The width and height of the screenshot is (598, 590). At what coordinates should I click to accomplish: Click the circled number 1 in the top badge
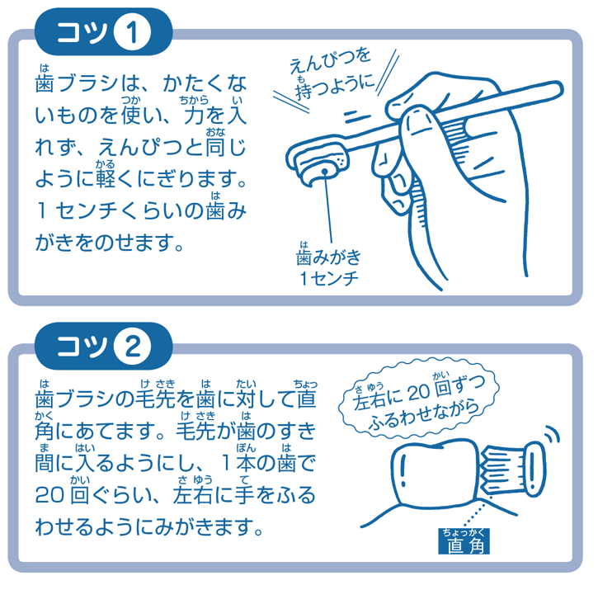point(132,32)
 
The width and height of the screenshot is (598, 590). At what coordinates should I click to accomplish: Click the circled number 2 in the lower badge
point(132,347)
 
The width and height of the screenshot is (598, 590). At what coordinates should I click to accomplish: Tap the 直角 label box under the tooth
point(464,541)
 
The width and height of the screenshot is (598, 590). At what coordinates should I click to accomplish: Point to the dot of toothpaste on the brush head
point(324,172)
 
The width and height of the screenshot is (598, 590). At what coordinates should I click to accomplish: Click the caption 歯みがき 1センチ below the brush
point(328,268)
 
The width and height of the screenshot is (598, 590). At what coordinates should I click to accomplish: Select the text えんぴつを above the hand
point(329,61)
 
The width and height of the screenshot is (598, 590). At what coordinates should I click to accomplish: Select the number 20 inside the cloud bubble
point(418,393)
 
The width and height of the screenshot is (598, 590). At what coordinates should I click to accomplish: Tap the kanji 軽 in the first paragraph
point(106,178)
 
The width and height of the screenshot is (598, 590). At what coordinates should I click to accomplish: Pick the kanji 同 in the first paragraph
point(215,147)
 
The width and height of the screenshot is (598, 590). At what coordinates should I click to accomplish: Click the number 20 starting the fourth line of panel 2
point(49,494)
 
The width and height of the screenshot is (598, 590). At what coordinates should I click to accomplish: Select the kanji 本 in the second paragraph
point(246,463)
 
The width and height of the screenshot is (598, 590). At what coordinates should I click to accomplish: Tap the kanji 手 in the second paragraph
point(245,494)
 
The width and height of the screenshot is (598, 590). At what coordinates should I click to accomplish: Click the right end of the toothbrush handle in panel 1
point(562,88)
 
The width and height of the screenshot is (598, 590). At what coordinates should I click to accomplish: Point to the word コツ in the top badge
point(82,32)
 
